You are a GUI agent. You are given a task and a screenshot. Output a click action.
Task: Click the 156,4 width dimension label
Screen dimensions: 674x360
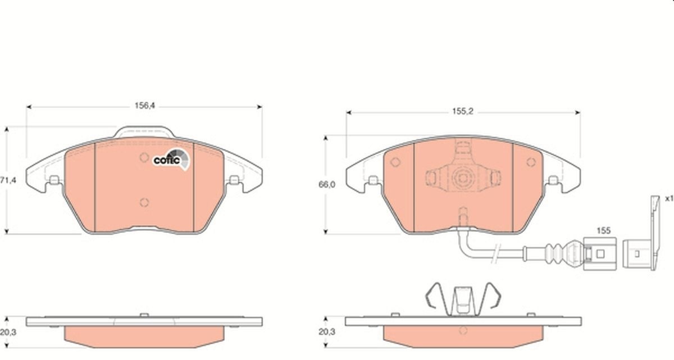[x=145, y=106]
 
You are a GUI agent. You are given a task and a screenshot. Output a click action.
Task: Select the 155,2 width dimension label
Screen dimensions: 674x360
[x=463, y=112]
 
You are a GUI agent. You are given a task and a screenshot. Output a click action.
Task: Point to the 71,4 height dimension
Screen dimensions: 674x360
[x=8, y=180]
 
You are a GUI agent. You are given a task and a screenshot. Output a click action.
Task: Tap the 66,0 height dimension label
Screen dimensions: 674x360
[x=327, y=185]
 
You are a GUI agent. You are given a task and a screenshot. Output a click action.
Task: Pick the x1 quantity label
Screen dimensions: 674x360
[x=669, y=198]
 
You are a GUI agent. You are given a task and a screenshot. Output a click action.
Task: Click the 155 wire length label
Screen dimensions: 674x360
[x=604, y=231]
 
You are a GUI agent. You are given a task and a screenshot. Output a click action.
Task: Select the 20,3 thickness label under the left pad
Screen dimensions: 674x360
[x=8, y=332]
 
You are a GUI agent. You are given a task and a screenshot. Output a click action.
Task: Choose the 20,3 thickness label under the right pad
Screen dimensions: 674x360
[x=327, y=332]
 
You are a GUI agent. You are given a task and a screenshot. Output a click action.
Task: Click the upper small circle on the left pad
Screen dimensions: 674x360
[x=144, y=157]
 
